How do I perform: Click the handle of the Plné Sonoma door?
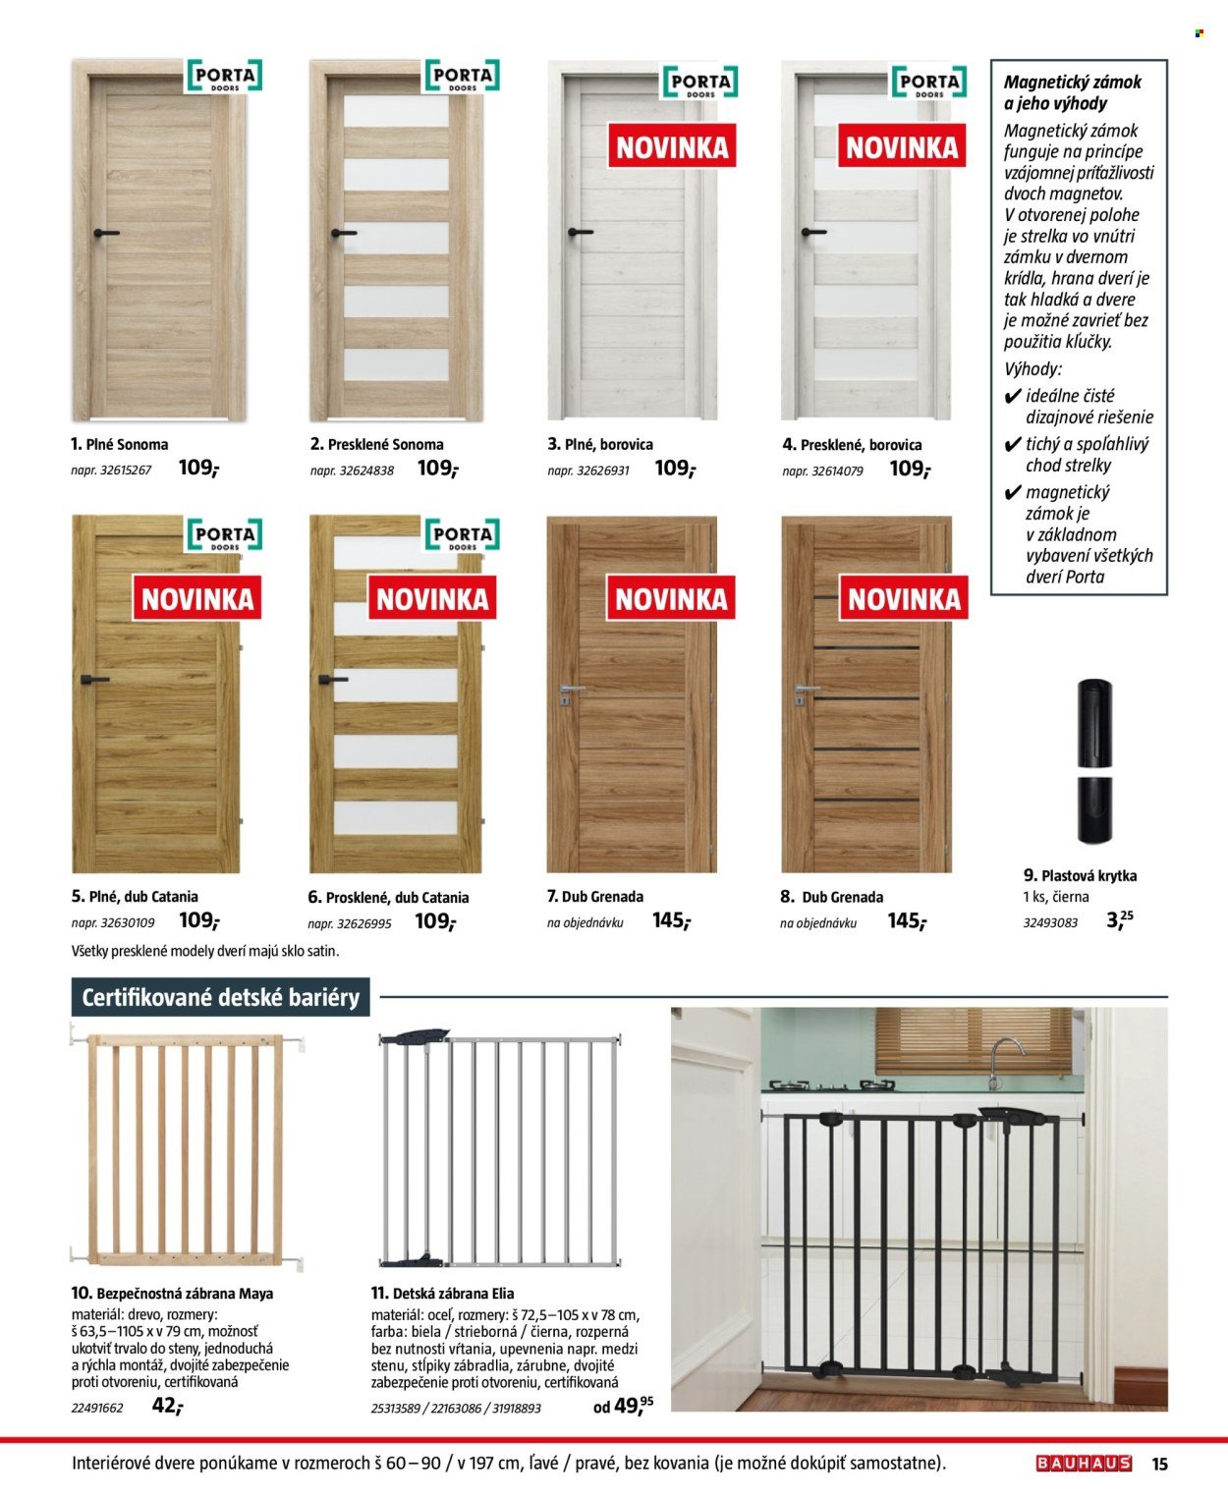coord(104,234)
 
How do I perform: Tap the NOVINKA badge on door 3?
coord(672,148)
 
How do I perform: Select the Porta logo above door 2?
coord(462,77)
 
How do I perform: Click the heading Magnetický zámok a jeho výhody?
coord(1073,92)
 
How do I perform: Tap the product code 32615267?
coord(111,471)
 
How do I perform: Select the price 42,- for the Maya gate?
coord(167,1406)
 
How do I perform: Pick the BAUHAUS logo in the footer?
coord(1084,1464)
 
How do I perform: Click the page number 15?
coord(1159,1464)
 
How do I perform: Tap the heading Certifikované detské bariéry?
coord(220,998)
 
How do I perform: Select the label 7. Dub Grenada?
coord(595,897)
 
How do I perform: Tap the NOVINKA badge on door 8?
coord(904,599)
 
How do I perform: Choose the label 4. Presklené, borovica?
coord(852,445)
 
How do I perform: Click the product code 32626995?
coord(350,924)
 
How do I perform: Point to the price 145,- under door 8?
coord(907,921)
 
